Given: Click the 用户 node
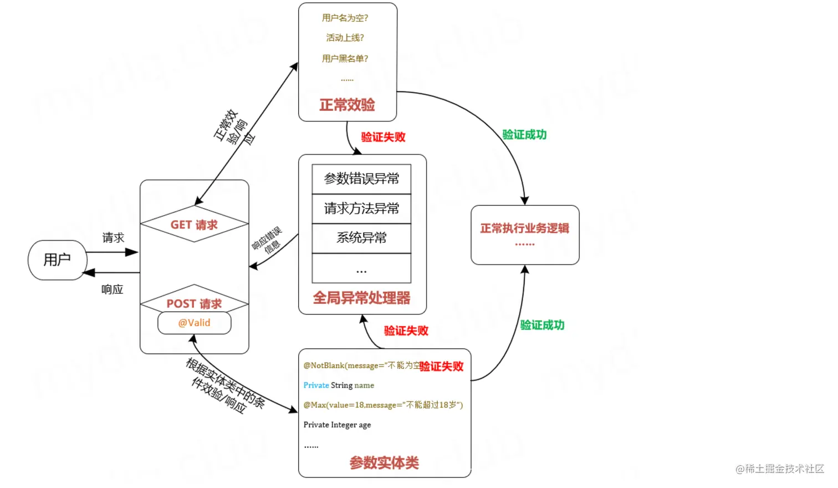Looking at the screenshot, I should [x=57, y=260].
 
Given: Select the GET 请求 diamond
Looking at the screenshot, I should [x=194, y=225].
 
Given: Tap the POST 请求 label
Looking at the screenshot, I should [x=194, y=304].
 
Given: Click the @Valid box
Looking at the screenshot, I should [x=194, y=323].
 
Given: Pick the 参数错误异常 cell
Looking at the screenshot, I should [x=361, y=179].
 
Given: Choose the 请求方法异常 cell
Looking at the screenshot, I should [x=361, y=209].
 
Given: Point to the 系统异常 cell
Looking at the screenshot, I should [x=361, y=238].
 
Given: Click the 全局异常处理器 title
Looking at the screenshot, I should [x=361, y=298].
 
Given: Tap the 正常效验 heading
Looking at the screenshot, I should [x=347, y=105].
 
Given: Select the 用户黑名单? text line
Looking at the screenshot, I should [x=345, y=58].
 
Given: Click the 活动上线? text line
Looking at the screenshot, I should [x=345, y=38].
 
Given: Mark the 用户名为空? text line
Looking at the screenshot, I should [x=345, y=18].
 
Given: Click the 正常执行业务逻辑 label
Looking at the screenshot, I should [x=524, y=228].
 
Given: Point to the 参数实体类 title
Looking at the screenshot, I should [x=384, y=462].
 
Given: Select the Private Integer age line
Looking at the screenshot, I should [x=337, y=425].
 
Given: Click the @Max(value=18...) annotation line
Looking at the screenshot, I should [x=383, y=405].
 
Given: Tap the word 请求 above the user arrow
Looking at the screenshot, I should [x=113, y=238].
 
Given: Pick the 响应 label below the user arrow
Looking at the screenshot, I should [x=112, y=289].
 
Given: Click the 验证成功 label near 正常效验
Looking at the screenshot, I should [x=524, y=135].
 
